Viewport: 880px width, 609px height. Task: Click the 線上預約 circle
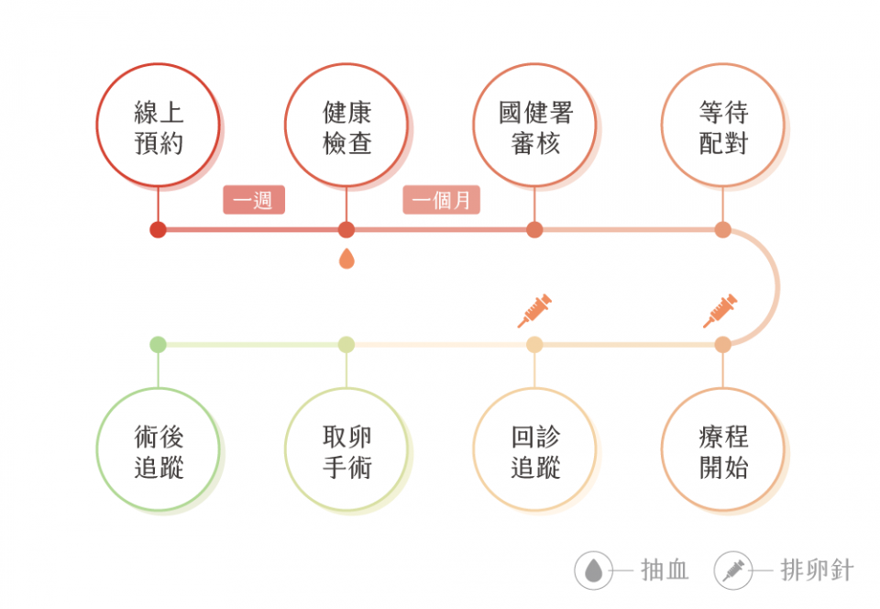159,125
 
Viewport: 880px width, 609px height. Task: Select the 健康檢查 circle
346,125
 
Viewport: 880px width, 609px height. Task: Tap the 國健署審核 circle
534,125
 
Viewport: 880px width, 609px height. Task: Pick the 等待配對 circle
722,125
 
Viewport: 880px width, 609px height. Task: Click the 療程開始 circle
722,450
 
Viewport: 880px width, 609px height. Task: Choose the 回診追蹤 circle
534,450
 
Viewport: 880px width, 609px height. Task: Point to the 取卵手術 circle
346,450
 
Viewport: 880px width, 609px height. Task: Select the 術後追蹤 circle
159,450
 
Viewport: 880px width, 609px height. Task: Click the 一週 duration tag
254,200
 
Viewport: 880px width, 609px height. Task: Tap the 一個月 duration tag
442,200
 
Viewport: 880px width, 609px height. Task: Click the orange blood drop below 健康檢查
346,259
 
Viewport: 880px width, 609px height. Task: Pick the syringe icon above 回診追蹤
533,311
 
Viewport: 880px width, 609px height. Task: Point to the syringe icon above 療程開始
720,311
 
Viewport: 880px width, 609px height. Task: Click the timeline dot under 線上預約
158,229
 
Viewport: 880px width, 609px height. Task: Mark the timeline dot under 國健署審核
534,229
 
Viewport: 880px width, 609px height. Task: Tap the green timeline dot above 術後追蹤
158,345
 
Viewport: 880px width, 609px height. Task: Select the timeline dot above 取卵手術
346,345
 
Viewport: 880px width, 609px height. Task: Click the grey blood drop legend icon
594,570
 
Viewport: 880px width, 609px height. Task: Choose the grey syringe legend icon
732,570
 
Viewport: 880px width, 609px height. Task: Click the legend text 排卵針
817,570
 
